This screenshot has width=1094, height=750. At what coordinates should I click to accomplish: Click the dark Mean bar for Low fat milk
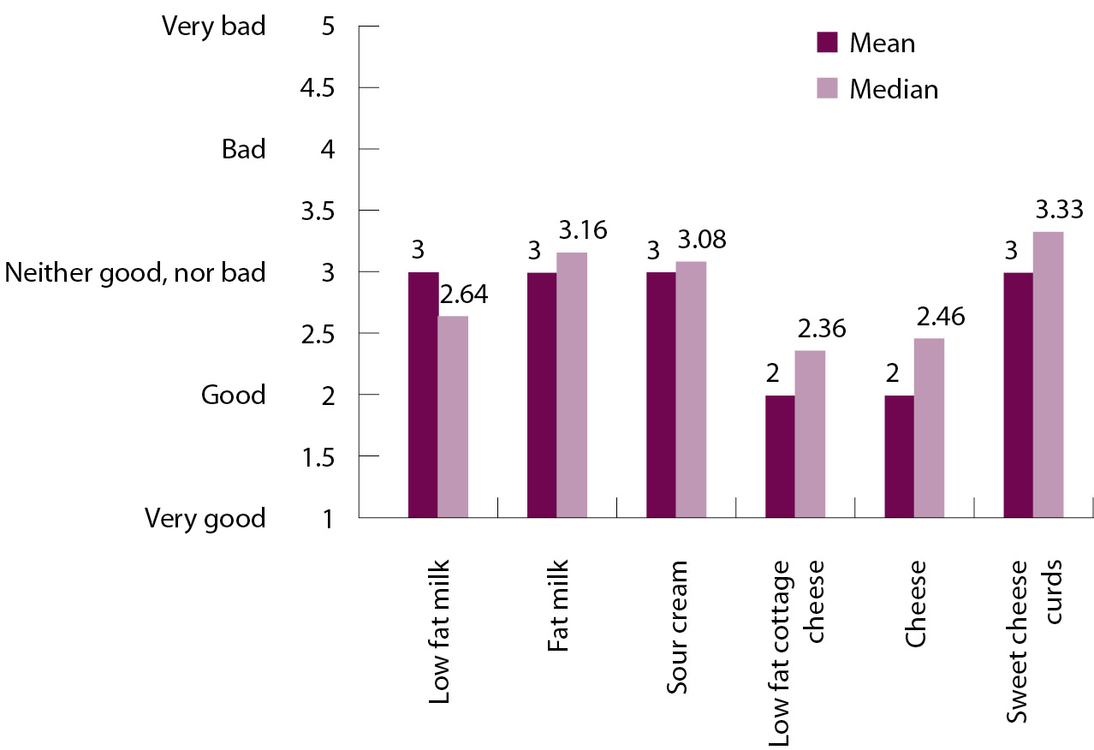point(424,395)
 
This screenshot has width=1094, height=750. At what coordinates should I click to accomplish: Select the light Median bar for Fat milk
point(572,385)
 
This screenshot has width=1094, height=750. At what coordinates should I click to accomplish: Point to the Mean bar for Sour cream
point(661,395)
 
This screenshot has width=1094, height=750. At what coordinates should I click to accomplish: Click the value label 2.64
point(463,296)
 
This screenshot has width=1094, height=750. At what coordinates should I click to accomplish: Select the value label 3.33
point(1060,209)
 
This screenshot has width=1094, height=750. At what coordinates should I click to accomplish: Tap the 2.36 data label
point(821,329)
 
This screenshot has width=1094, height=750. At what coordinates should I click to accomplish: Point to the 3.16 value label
point(582,230)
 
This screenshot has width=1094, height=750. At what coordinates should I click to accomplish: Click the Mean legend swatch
point(827,42)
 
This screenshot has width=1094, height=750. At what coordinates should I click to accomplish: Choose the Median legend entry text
point(894,89)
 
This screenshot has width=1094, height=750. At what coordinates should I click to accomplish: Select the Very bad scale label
point(214,27)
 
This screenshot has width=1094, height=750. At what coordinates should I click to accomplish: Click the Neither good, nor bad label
point(135,272)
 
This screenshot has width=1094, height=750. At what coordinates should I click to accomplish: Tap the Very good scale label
point(205,518)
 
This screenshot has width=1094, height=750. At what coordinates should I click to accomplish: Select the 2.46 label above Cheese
point(940,317)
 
